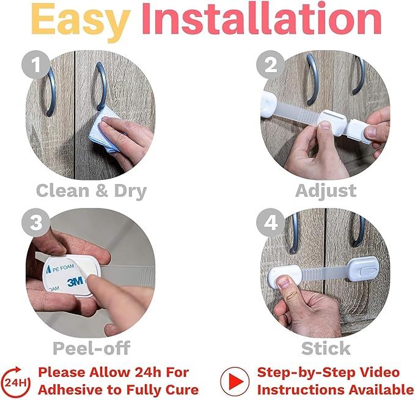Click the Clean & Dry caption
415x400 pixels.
[x=91, y=190]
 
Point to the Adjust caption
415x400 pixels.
[x=326, y=190]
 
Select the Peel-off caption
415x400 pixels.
[x=92, y=349]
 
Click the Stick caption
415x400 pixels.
[x=326, y=349]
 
